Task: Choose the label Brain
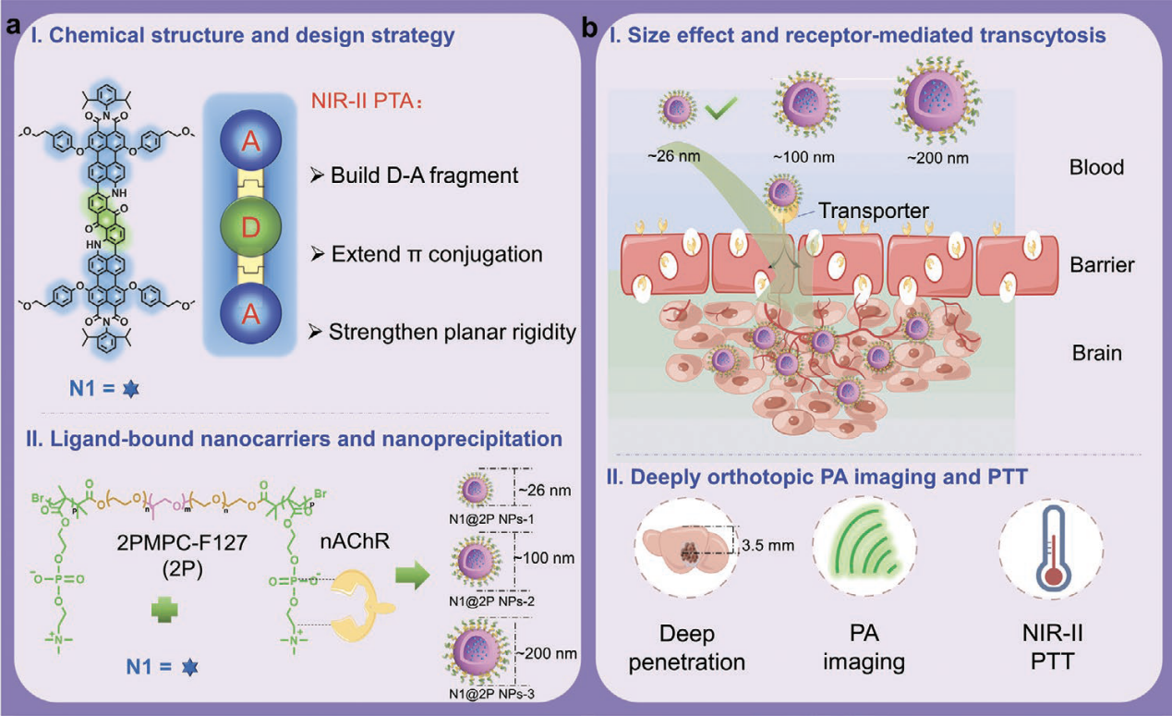click(x=1098, y=354)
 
